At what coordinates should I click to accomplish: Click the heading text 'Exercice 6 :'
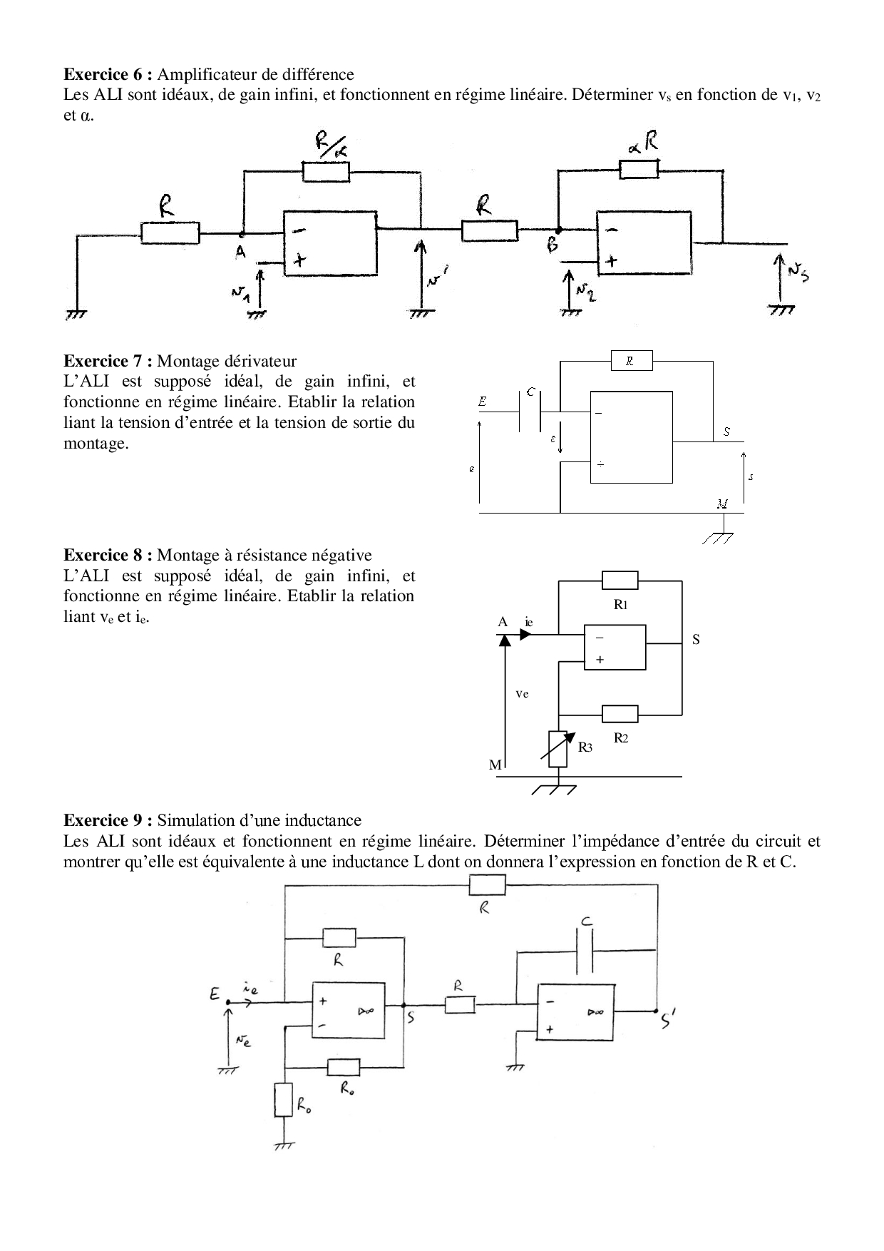(108, 74)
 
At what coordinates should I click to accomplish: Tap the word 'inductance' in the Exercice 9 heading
(325, 820)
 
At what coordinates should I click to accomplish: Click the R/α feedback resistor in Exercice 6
(326, 172)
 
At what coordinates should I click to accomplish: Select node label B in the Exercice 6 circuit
(553, 246)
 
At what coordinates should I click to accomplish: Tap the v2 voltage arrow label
(585, 291)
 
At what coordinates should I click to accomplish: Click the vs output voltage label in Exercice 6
(798, 271)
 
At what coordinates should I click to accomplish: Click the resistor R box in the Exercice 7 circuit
(632, 361)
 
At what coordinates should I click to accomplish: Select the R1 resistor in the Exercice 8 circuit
(620, 580)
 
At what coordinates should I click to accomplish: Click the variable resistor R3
(558, 748)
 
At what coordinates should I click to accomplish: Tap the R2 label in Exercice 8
(621, 738)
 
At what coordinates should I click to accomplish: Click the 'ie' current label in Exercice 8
(528, 622)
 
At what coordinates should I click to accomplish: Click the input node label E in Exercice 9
(215, 993)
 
